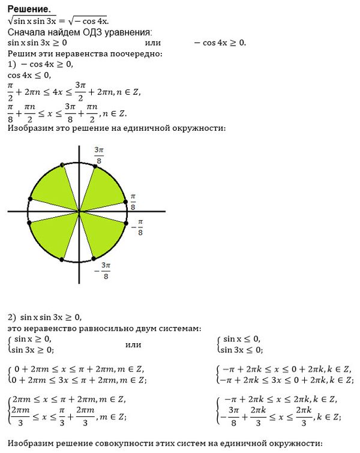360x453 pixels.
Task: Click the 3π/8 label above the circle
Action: [99, 154]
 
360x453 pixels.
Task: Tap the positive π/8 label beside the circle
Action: [133, 202]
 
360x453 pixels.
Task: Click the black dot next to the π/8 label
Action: [125, 202]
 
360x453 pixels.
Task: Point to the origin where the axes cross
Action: [79, 212]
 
